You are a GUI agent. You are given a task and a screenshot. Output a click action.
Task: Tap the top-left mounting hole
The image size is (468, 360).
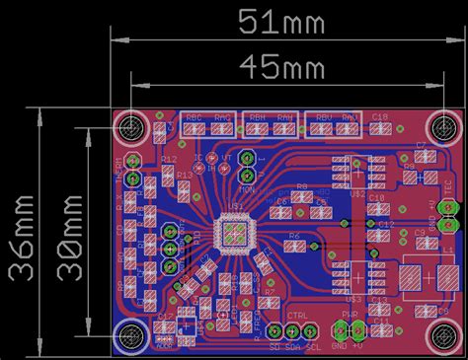pyautogui.click(x=130, y=128)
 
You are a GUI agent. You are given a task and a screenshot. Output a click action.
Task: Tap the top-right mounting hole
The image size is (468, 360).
pyautogui.click(x=438, y=128)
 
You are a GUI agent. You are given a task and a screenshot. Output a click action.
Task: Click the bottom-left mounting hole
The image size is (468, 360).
pyautogui.click(x=130, y=336)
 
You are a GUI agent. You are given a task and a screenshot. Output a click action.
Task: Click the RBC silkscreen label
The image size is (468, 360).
pyautogui.click(x=195, y=117)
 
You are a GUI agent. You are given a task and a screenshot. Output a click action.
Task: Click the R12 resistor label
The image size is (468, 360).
pyautogui.click(x=169, y=158)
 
